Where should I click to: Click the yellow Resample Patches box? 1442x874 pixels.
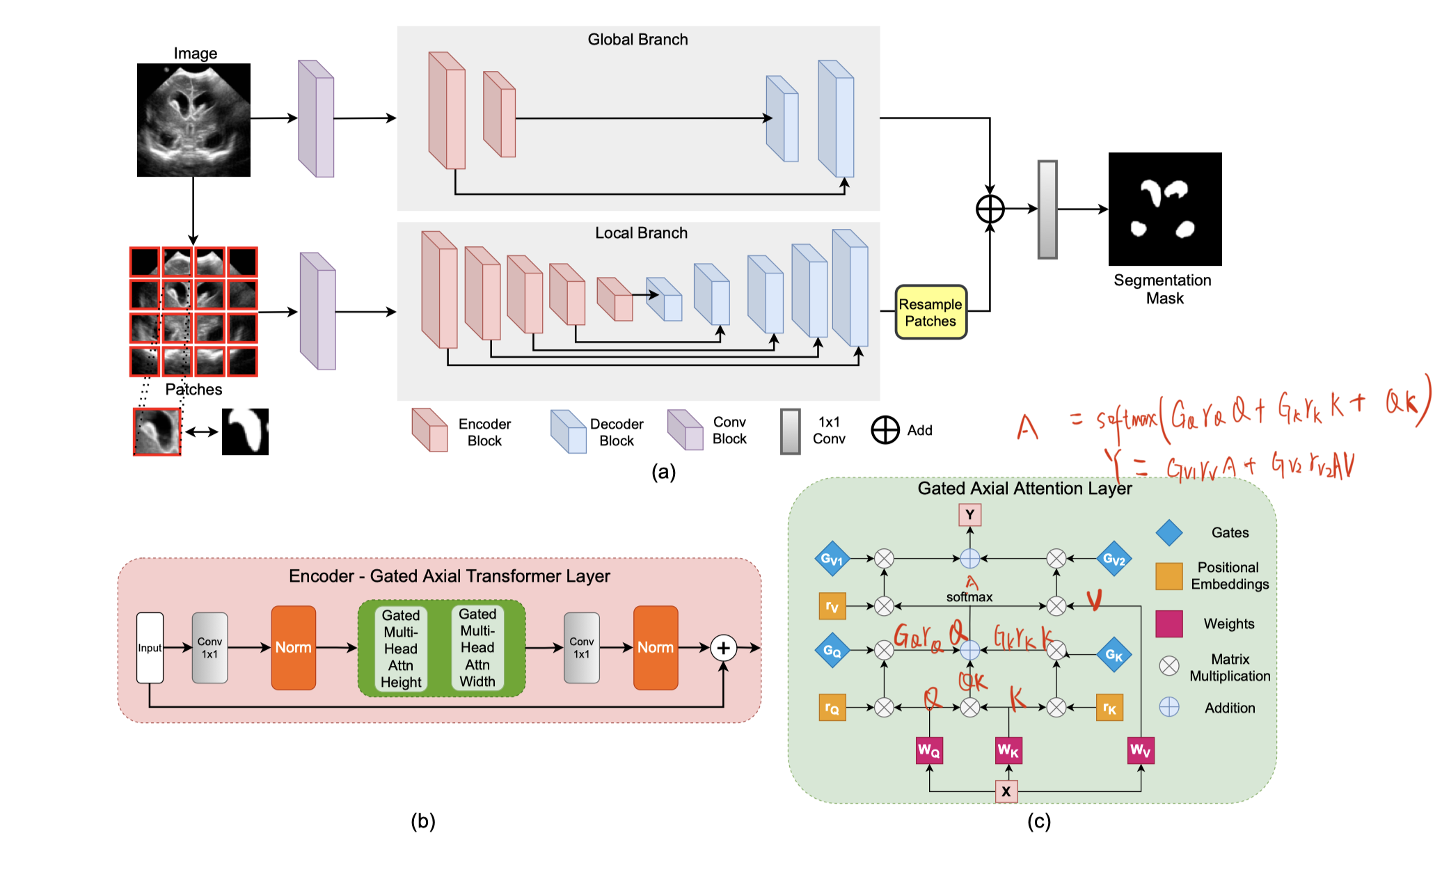(930, 312)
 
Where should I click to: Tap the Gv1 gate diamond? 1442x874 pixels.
(832, 558)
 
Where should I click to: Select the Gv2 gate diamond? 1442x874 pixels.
(1114, 558)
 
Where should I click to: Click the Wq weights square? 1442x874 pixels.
(929, 750)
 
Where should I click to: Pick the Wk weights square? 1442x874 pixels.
(1008, 750)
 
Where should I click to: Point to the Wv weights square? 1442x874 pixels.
(1141, 750)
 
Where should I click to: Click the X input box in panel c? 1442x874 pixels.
(1006, 791)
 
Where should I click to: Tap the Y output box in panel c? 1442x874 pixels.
(969, 515)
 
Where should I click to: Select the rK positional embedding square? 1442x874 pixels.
(1110, 708)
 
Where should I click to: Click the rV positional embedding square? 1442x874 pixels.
(832, 606)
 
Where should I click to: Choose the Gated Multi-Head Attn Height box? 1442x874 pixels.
(401, 649)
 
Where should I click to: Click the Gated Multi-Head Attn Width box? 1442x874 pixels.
(477, 648)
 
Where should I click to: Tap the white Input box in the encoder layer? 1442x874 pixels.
(150, 648)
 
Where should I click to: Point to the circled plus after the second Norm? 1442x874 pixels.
(724, 648)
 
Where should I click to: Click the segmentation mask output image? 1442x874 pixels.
(1165, 209)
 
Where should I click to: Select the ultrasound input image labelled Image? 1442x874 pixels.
(193, 120)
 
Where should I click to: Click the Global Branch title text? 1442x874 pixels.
(637, 40)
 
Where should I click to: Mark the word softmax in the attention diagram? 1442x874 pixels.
(969, 597)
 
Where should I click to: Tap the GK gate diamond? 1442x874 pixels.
(1114, 655)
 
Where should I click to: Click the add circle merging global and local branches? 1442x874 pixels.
(990, 209)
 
